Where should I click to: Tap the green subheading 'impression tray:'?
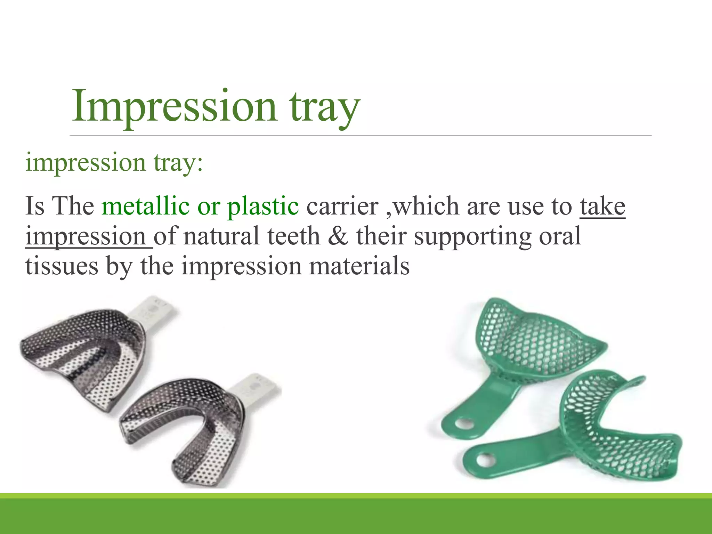(114, 162)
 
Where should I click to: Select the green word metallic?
(145, 206)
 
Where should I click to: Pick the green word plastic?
(263, 206)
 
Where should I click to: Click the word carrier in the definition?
(342, 206)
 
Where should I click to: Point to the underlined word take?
(602, 206)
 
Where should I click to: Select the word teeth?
(293, 236)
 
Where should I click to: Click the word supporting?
(472, 236)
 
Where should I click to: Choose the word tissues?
(62, 266)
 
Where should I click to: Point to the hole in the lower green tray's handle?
(484, 460)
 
